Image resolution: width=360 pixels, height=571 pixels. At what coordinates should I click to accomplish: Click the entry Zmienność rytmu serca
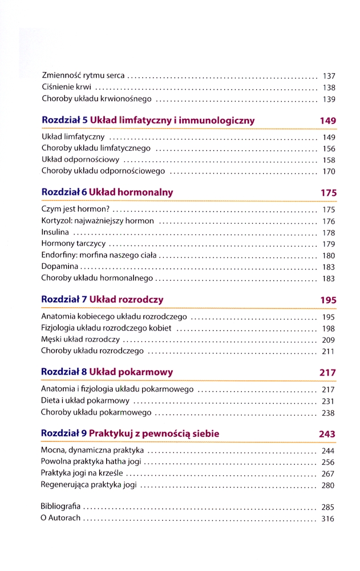click(x=83, y=76)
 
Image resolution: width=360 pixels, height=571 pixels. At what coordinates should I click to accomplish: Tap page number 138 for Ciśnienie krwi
click(x=329, y=88)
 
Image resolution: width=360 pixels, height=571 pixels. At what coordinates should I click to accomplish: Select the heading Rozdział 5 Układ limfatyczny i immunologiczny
click(x=148, y=120)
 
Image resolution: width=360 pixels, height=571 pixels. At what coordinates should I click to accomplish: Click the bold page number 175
click(x=329, y=193)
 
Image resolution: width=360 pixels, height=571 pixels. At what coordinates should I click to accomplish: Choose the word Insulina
click(x=55, y=232)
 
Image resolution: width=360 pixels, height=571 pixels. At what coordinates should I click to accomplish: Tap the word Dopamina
click(x=59, y=267)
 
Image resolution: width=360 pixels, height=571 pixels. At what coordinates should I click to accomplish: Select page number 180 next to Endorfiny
click(x=329, y=256)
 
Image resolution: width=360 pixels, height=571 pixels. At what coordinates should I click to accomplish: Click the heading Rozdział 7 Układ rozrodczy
click(x=103, y=299)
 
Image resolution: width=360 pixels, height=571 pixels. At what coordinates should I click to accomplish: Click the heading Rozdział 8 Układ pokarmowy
click(x=107, y=372)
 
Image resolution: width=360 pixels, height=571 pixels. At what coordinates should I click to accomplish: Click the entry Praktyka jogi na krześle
click(x=82, y=473)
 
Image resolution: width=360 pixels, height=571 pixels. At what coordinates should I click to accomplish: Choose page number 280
click(x=328, y=486)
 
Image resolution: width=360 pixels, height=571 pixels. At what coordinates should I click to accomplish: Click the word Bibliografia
click(x=61, y=506)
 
